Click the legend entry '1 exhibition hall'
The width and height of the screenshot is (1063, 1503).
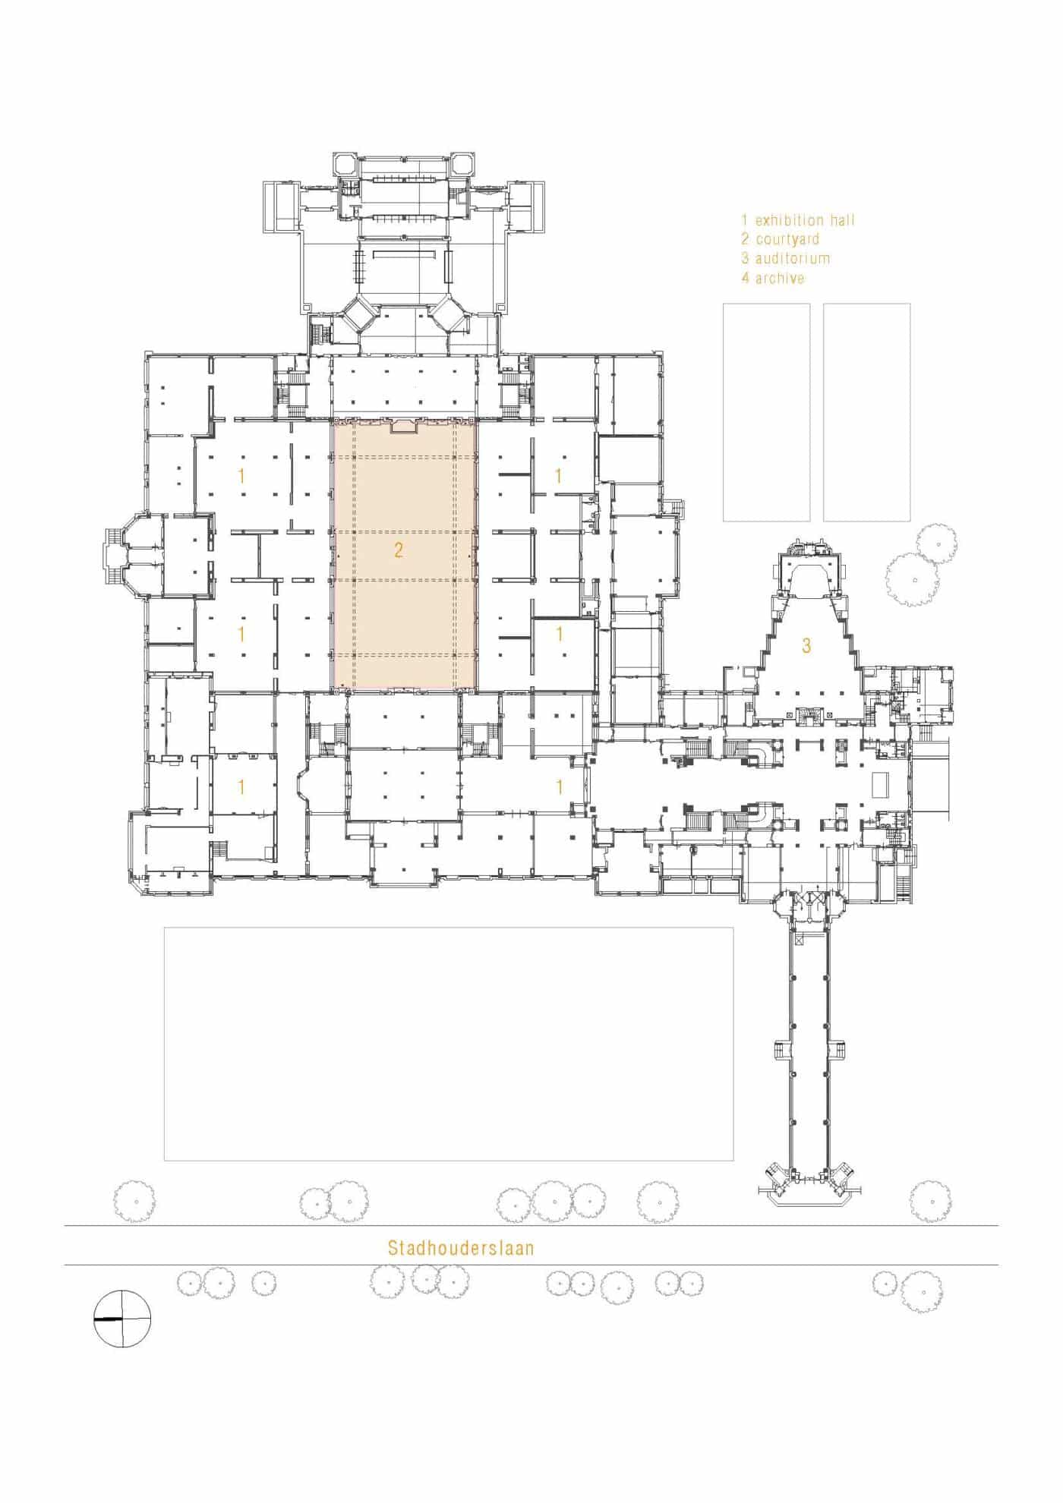798,221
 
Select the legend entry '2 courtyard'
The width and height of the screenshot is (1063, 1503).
781,240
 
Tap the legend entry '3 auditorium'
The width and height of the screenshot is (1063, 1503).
786,259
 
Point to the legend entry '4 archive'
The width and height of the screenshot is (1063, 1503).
773,279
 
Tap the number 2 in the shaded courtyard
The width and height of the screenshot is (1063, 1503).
399,550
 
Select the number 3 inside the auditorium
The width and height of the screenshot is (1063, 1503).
806,646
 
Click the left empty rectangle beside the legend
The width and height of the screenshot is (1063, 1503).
766,412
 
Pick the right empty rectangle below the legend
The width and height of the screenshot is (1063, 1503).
867,412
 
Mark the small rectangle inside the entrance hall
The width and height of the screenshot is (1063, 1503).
879,784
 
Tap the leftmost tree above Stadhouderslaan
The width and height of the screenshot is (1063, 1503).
134,1202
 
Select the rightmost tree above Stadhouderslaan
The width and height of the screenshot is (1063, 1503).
930,1202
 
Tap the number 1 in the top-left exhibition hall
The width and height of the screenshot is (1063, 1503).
241,477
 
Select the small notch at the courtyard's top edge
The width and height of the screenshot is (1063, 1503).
404,429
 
